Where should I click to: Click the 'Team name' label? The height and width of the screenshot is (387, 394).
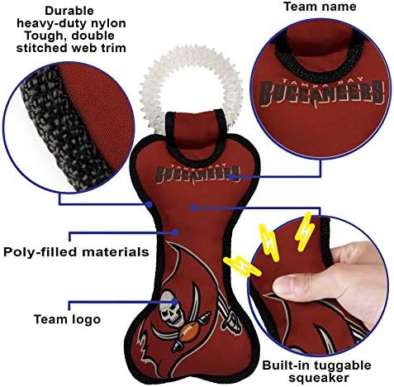pos(320,7)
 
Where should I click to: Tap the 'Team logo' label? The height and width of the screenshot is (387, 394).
pos(67,319)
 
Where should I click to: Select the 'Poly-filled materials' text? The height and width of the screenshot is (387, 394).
pos(76,252)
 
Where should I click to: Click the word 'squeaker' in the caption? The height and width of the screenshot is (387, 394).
pos(318,377)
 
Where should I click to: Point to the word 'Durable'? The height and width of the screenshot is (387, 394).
pos(69,11)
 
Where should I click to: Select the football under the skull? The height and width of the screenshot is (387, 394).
pos(188,332)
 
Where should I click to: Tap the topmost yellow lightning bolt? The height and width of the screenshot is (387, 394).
pos(304,232)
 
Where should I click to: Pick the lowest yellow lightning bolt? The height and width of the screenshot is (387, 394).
pos(242,266)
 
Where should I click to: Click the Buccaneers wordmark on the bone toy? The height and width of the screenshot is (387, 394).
pos(197,174)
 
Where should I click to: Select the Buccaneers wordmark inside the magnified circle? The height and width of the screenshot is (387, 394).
pos(321,92)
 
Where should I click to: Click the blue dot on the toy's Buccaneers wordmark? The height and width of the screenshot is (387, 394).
pos(233,176)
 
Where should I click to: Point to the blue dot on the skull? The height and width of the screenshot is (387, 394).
pos(175,302)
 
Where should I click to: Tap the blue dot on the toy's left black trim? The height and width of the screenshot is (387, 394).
pos(149,204)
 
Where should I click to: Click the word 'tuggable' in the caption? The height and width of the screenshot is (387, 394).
pos(341,365)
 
